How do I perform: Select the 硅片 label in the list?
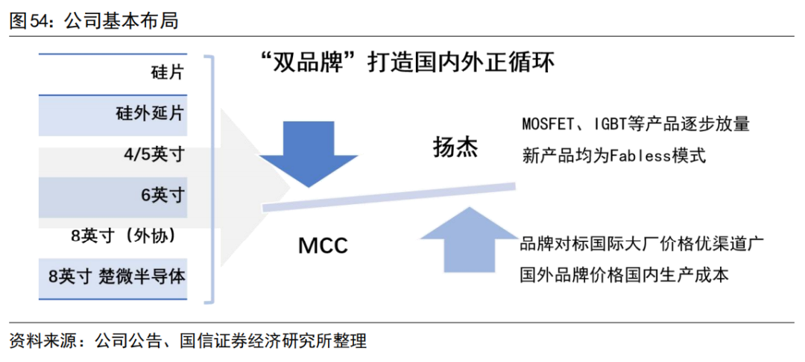point(166,74)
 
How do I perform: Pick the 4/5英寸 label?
point(154,155)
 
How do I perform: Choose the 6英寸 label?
point(162,195)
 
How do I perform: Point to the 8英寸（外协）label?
point(123,235)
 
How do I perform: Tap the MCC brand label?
point(323,245)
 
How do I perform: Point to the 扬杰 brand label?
point(455,147)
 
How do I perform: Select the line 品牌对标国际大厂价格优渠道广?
point(639,244)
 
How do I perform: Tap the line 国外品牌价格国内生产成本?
point(624,275)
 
